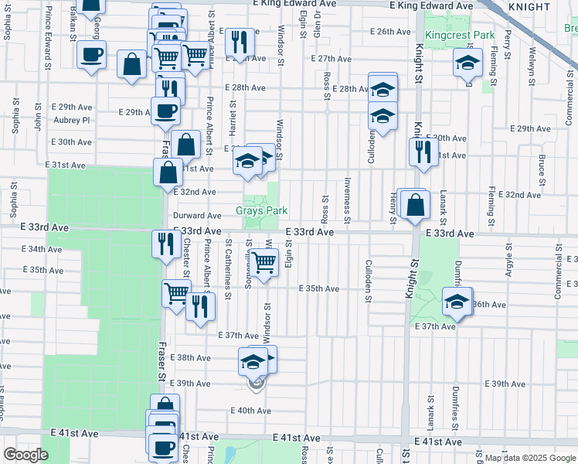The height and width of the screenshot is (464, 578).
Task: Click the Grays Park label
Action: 261,210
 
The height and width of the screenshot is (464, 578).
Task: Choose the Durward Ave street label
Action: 197,216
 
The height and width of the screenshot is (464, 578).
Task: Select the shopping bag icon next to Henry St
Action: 416,205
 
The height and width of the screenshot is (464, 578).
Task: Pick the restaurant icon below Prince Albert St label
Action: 201,305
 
